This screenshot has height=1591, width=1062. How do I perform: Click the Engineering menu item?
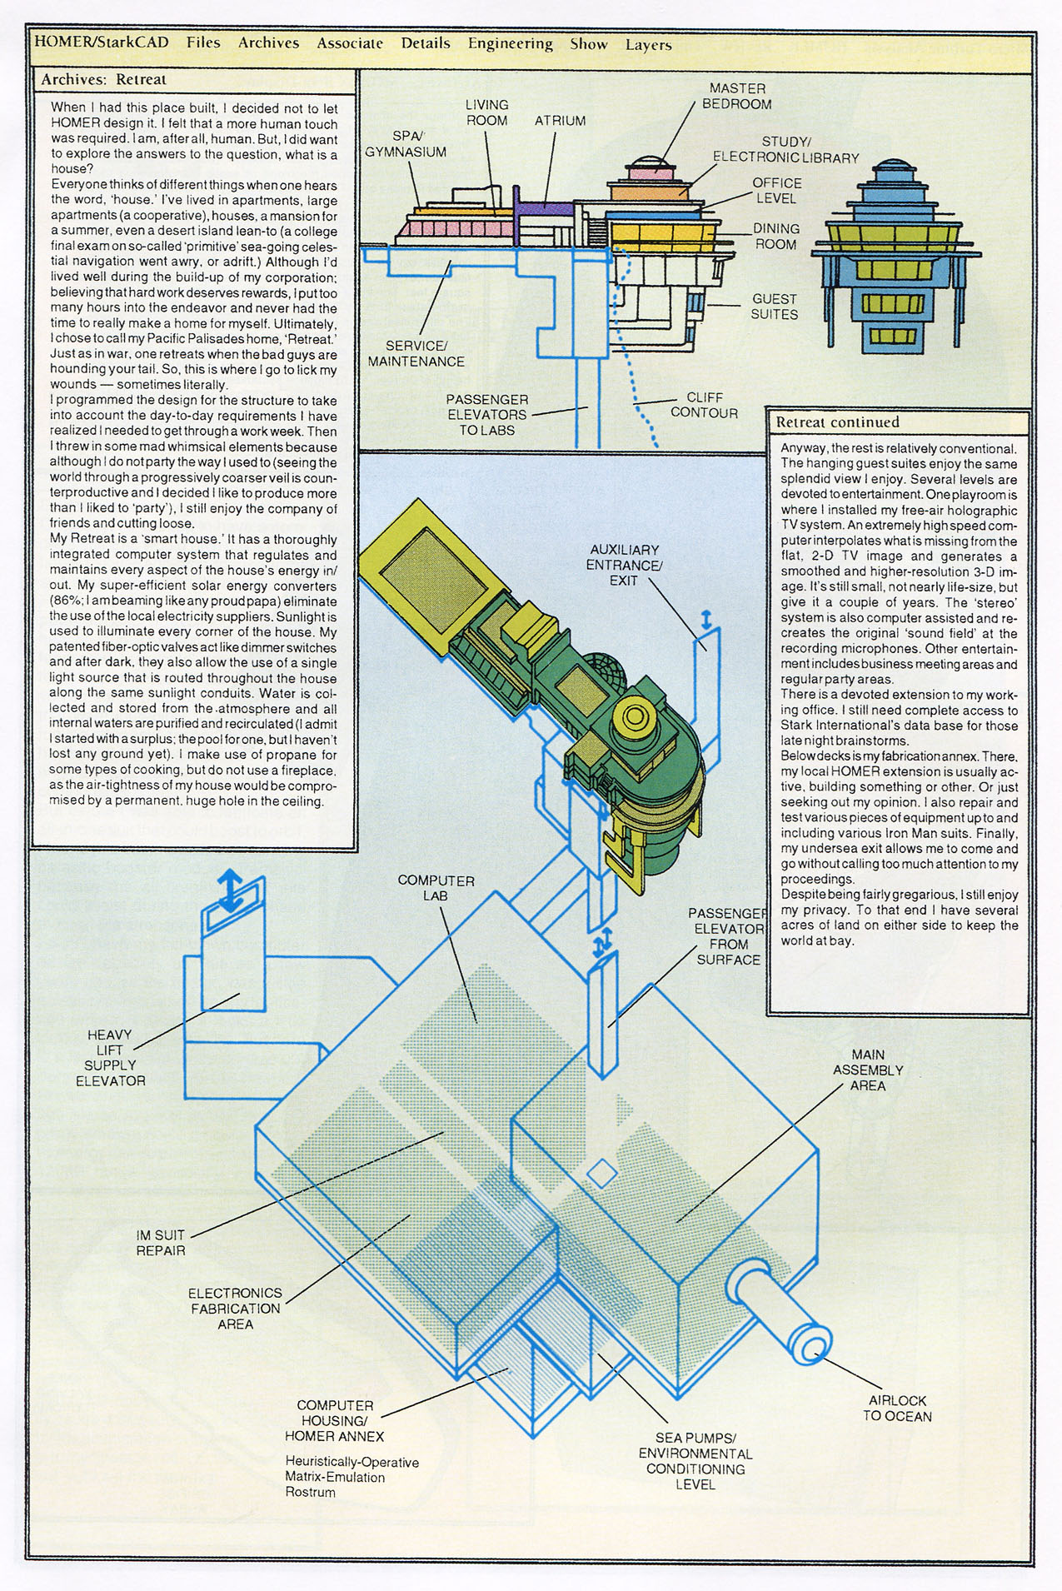point(510,43)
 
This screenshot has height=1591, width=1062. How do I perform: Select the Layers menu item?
point(648,45)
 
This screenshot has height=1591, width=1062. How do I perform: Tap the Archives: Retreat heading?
point(104,80)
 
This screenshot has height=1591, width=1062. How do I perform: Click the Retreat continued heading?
point(837,422)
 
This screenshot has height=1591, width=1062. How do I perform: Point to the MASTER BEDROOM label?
point(737,96)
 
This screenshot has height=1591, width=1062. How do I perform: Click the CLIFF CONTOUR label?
point(704,405)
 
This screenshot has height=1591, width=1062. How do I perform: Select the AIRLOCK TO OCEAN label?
point(897,1408)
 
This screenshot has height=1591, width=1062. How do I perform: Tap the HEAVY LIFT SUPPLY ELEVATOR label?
point(110,1057)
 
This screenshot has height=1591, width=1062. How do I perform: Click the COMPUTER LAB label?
point(436,887)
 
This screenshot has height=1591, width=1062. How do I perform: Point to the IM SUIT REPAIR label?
point(161,1242)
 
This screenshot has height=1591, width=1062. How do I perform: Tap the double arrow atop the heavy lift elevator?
point(232,890)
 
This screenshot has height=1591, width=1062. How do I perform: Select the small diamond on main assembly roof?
point(602,1175)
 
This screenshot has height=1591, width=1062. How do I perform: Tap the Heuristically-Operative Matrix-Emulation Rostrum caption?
point(352,1477)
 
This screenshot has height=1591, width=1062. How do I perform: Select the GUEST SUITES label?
point(774,307)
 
